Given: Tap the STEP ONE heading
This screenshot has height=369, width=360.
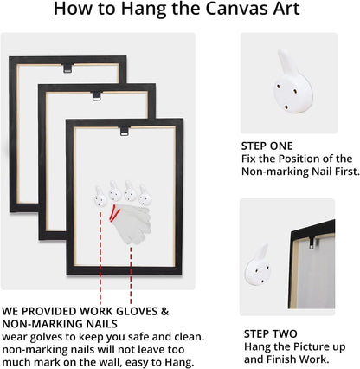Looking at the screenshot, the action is (x=267, y=146).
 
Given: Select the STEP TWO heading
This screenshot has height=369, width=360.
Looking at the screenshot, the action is (x=271, y=333).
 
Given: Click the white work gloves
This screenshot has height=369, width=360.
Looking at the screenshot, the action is (x=132, y=223).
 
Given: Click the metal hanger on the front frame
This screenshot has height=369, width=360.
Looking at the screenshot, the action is (x=125, y=131).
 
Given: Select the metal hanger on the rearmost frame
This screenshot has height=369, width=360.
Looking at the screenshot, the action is (x=67, y=68).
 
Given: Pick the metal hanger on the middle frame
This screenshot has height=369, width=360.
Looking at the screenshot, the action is (x=97, y=96).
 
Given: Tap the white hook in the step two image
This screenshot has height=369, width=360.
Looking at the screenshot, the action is (x=258, y=266).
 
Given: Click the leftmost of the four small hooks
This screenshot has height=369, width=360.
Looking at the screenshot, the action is (x=100, y=197).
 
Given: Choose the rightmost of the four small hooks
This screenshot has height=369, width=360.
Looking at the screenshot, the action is (x=145, y=196).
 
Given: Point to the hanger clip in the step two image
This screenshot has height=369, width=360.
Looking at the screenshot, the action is (x=312, y=243).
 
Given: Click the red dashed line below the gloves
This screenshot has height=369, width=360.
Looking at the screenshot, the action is (x=131, y=275).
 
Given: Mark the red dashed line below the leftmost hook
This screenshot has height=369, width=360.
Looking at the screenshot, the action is (x=100, y=258).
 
